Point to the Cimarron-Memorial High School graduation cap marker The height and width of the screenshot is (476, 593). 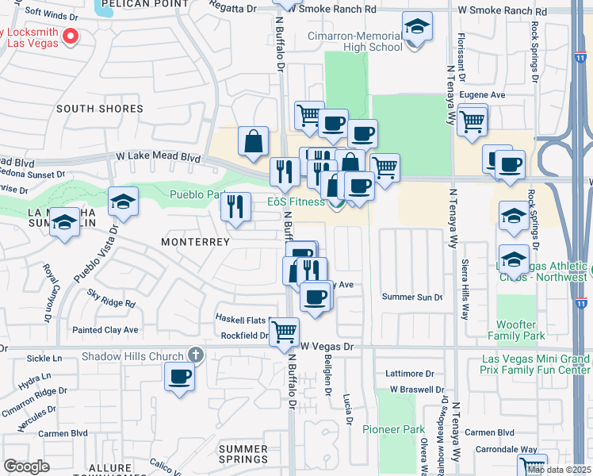point(417,29)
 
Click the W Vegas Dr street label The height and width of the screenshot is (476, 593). point(326,347)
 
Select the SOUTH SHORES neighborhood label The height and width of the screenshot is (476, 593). point(100,109)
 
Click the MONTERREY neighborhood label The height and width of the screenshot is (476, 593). point(195,241)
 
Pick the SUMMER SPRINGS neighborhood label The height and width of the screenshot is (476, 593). point(243,454)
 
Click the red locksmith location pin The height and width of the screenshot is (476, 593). point(70,35)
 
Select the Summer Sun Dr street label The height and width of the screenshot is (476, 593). point(412,297)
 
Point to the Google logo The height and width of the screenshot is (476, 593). point(26,466)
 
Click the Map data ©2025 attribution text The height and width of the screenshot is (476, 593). point(559,470)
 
